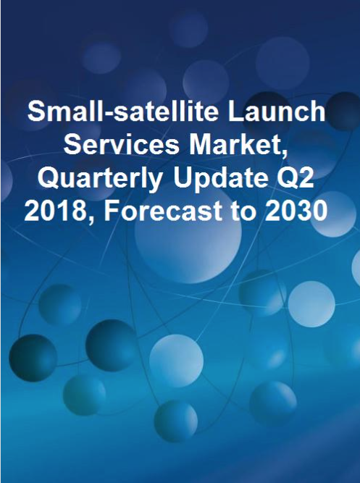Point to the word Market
point(238,146)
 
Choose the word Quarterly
point(100,180)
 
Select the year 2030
point(296,213)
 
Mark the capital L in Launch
point(235,112)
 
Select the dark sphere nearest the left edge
point(33,358)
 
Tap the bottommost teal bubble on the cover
point(176,421)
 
